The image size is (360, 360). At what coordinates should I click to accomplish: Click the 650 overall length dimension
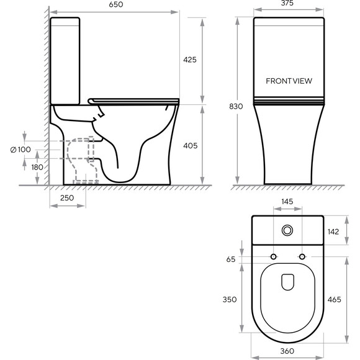pos(116,4)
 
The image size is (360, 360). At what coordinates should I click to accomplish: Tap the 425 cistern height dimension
pos(190,60)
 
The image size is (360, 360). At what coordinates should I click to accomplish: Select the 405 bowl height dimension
pos(191,146)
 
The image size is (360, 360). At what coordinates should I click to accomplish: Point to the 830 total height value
pos(236,106)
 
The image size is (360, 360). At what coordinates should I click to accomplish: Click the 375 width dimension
pos(287,2)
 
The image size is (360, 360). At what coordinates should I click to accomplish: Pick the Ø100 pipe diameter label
pos(20,150)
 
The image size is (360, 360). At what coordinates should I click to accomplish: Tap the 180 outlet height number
pos(37,167)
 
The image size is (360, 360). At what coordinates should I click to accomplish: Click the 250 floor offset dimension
pos(67,197)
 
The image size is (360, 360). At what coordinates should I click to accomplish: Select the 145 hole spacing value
pos(287,202)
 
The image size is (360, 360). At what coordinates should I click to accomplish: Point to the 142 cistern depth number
pos(333,232)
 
